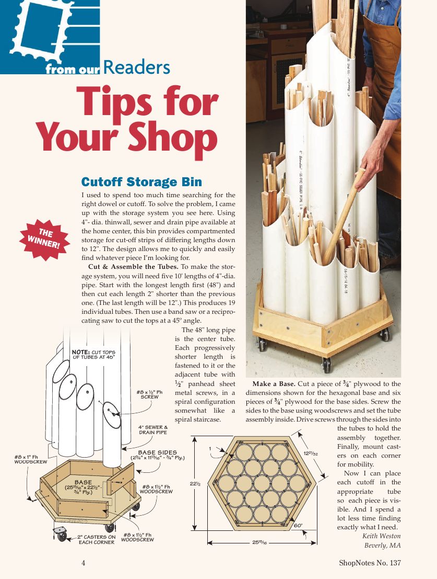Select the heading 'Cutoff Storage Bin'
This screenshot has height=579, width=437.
[x=141, y=182]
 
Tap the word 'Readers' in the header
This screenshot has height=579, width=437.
[x=137, y=68]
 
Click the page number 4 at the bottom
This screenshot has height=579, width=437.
[x=84, y=563]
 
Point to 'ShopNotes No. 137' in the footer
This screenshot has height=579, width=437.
[x=370, y=563]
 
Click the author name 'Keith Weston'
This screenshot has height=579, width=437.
[x=381, y=536]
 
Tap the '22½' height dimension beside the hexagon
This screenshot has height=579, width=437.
[x=196, y=484]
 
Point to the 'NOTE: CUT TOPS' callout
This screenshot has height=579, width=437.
[x=93, y=354]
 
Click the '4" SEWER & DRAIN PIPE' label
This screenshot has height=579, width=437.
[x=153, y=430]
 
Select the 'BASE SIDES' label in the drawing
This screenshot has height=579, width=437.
[x=157, y=452]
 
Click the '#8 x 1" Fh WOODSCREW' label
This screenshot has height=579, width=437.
[x=30, y=459]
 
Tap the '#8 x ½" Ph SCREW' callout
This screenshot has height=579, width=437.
[x=149, y=393]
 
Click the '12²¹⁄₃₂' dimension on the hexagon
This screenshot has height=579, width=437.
[x=311, y=453]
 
